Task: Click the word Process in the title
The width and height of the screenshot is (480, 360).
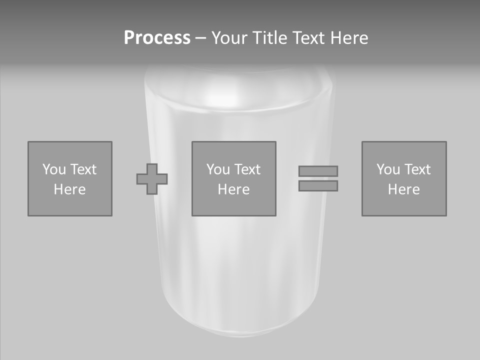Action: point(157,38)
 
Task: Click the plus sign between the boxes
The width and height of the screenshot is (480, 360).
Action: point(152,179)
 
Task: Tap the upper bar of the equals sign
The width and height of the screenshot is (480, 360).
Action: point(318,171)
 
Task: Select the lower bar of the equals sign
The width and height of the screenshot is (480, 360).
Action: point(318,185)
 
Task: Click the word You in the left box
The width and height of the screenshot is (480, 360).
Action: point(53,169)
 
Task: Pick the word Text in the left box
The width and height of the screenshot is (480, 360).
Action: point(82,169)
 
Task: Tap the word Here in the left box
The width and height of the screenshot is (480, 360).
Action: point(69,189)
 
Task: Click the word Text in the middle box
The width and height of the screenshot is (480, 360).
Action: point(247,169)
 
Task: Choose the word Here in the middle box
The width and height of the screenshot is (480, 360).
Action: point(233,189)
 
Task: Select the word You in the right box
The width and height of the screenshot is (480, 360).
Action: point(387,169)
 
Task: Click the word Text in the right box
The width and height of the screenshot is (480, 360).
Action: point(417,169)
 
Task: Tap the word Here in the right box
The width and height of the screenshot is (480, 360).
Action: point(403,189)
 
